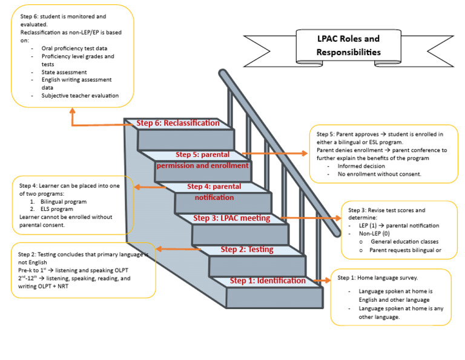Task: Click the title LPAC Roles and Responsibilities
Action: coord(348,45)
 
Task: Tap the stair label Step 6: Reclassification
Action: coord(178,123)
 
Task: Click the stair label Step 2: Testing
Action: coord(246,249)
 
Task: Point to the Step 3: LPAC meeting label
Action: coord(231,218)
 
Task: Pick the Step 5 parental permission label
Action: coord(203,160)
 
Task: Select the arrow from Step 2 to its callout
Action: coord(179,248)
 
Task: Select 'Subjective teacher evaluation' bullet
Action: coord(80,95)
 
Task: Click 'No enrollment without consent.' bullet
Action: coord(380,174)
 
